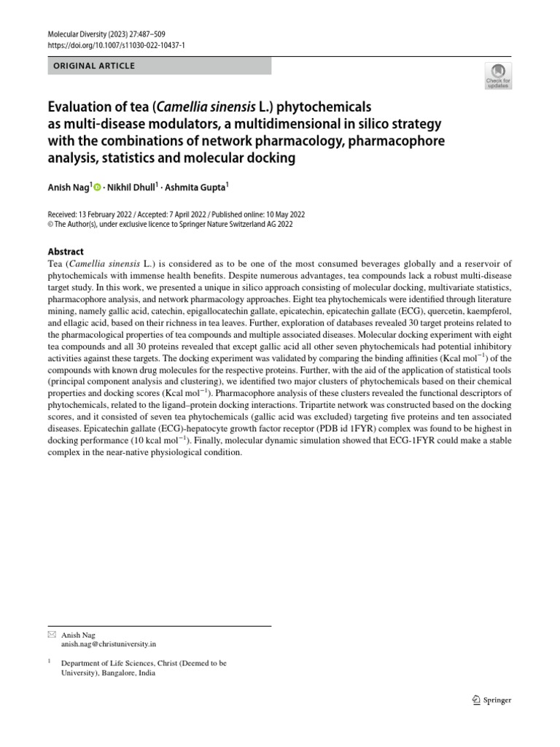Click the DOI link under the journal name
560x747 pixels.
point(116,45)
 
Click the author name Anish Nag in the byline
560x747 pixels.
point(68,187)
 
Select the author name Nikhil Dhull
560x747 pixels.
point(130,187)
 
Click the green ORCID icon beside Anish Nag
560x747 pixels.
point(97,187)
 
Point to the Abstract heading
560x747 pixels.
point(66,251)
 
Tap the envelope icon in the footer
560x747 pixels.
point(51,635)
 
